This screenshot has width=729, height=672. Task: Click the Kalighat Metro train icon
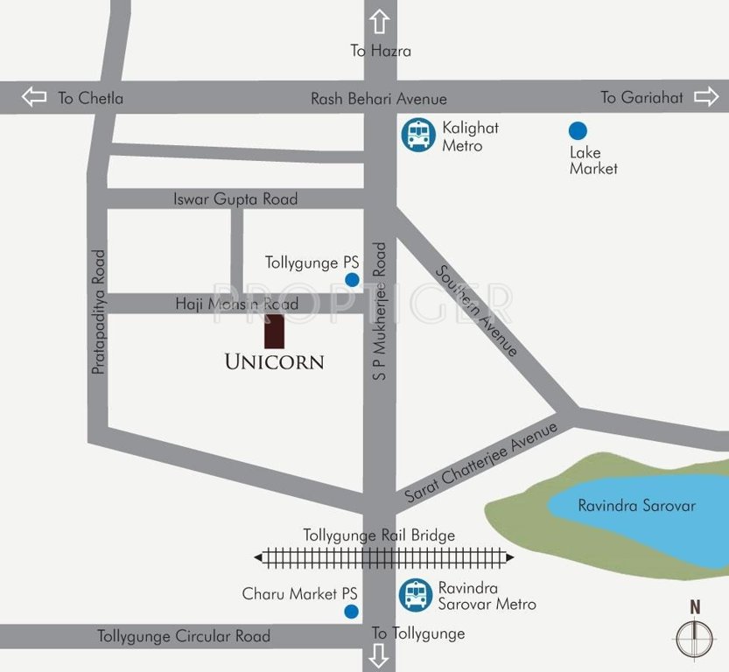tap(417, 135)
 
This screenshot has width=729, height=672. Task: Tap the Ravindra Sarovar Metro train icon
tap(416, 594)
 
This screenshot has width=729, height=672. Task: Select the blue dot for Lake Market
tap(578, 131)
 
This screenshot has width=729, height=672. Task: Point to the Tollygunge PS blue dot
tap(352, 280)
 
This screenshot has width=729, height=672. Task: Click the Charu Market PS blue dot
tap(351, 611)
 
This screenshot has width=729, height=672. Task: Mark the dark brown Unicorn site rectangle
tap(275, 331)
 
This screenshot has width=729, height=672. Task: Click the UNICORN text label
tap(274, 361)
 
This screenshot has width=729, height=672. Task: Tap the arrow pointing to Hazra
tap(379, 22)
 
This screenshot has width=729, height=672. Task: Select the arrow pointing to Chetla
tap(34, 97)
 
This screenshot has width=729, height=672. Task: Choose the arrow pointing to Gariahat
tap(705, 97)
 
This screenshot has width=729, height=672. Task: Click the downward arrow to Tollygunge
tap(379, 654)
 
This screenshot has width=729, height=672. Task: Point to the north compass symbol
tap(695, 636)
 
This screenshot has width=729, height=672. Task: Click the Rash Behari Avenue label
tap(378, 99)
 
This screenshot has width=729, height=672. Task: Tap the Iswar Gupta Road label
tap(235, 199)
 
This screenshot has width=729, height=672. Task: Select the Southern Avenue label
tap(477, 311)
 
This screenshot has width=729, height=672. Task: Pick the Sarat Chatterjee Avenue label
tap(480, 463)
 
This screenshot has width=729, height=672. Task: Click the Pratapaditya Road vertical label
tap(98, 312)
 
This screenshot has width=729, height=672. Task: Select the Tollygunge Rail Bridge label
tap(379, 535)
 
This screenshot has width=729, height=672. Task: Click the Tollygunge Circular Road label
tap(184, 636)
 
